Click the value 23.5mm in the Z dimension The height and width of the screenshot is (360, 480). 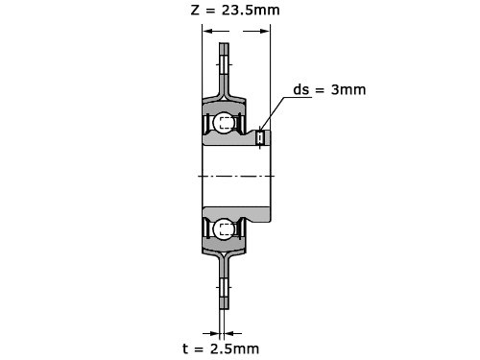coord(251,10)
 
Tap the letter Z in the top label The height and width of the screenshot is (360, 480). coord(195,10)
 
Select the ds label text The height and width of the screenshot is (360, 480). coord(301,89)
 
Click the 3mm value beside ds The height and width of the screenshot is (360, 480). coord(348,89)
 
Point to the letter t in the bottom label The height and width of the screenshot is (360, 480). coord(185,348)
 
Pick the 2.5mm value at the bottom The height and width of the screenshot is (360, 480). coord(234,348)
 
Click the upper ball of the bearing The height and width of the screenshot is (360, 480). coord(224,122)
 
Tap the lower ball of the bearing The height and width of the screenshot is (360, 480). coord(224,228)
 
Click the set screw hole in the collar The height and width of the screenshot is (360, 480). coord(260,138)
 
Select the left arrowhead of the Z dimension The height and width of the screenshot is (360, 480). coord(207,31)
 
